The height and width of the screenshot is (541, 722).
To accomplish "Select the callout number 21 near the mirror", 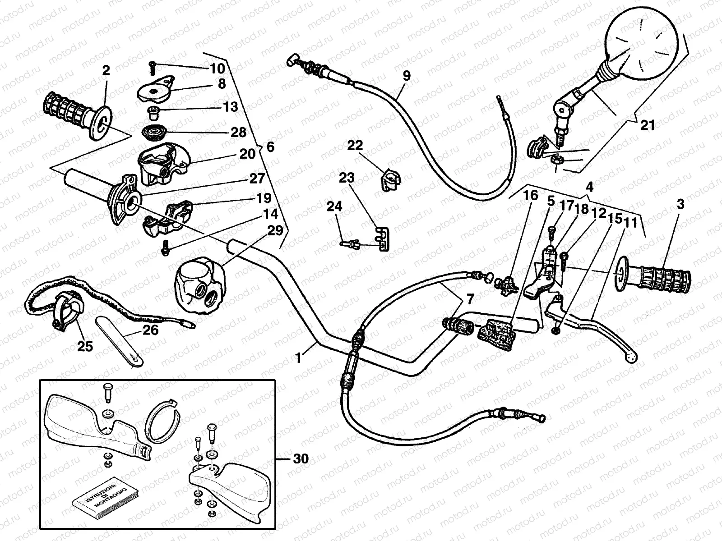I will coord(647,125).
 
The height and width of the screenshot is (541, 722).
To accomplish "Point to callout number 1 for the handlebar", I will coord(298,358).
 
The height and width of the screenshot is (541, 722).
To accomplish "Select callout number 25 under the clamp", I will coord(85,346).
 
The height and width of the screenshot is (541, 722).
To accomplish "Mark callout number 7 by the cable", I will coord(470,298).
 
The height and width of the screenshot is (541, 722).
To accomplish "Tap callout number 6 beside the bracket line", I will coord(270,147).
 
